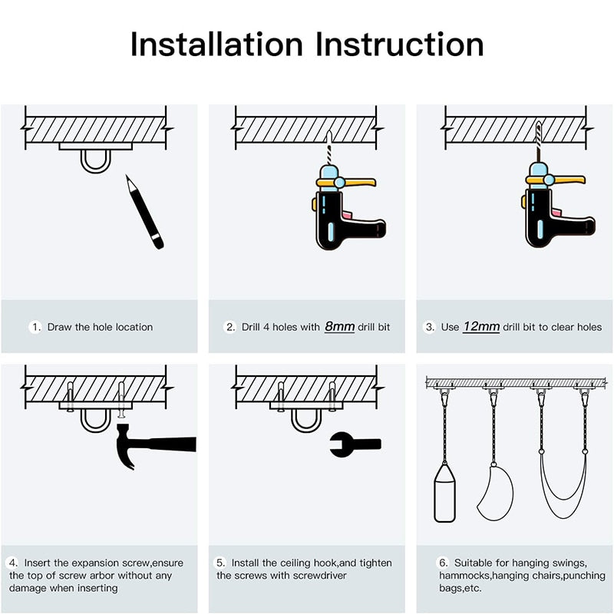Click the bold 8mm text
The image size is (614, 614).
[x=339, y=327]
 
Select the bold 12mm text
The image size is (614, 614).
[x=481, y=327]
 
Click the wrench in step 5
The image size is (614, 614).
[x=354, y=444]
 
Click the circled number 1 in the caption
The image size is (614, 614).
[x=35, y=327]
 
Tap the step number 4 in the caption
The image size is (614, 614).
[x=14, y=563]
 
